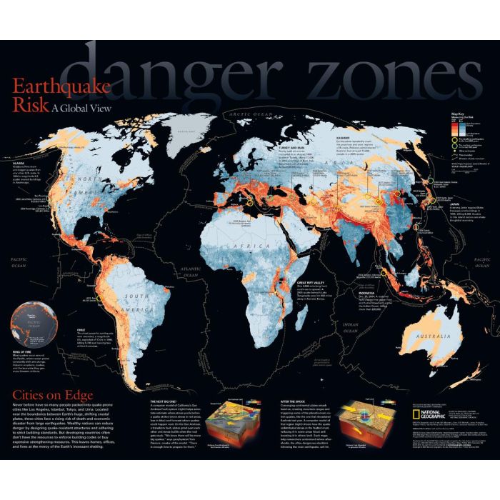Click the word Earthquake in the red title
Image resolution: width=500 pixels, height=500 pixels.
(x=61, y=87)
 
